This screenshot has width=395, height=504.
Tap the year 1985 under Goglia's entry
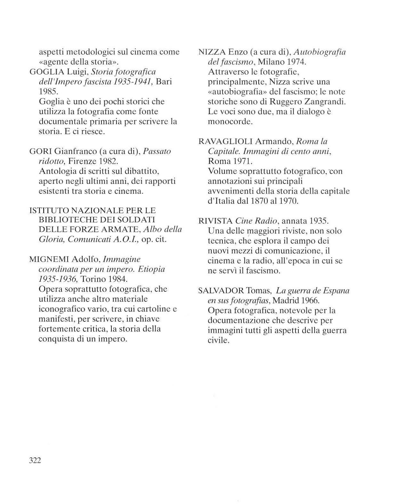(x=48, y=92)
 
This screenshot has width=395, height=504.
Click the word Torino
(x=93, y=279)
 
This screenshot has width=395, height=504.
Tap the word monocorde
(x=230, y=122)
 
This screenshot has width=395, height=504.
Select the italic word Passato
(x=157, y=151)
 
